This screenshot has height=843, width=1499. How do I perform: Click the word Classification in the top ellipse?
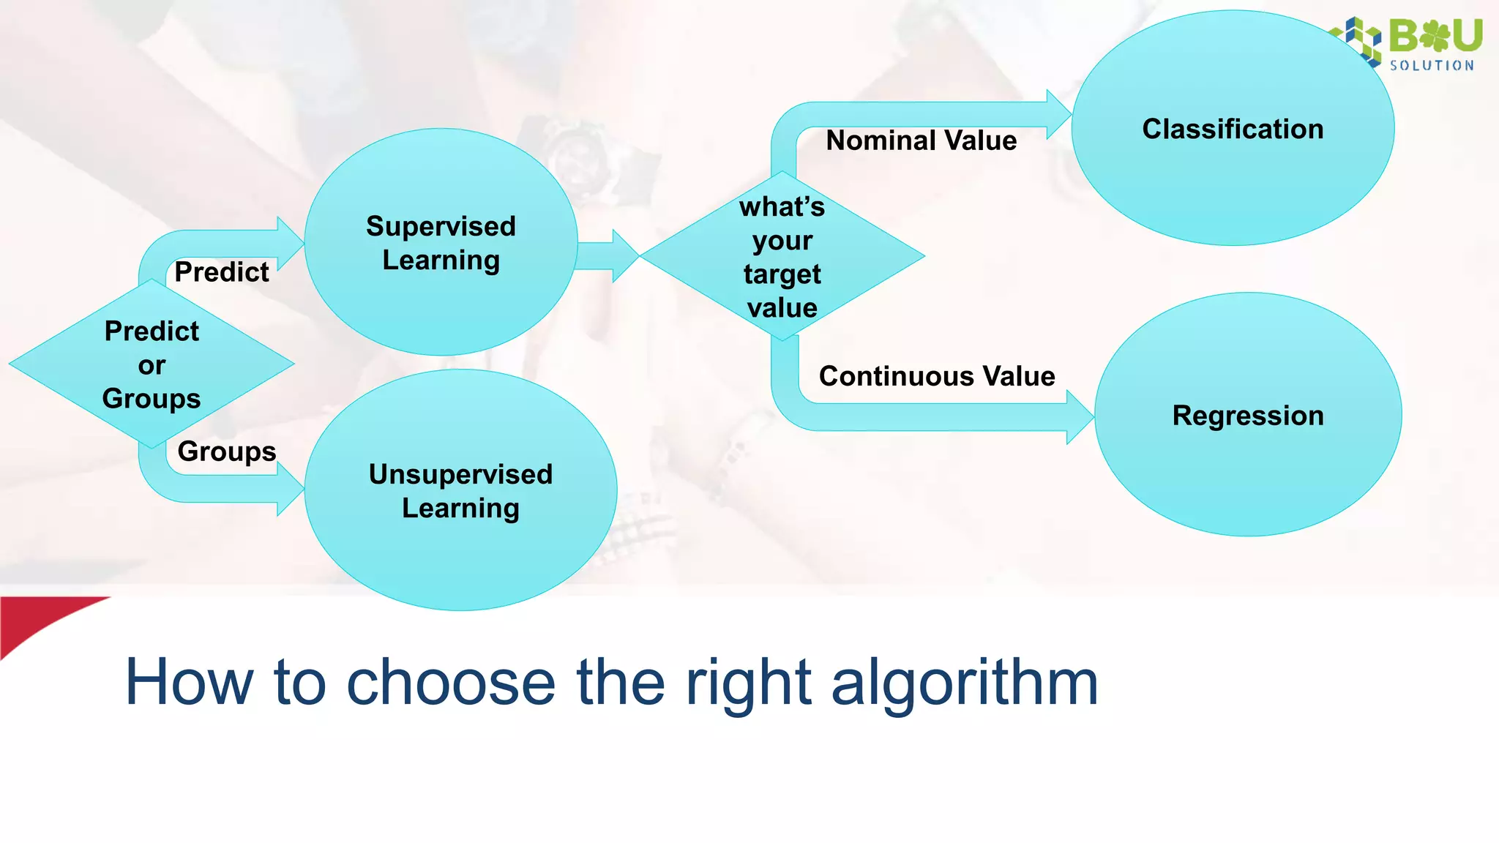click(1233, 130)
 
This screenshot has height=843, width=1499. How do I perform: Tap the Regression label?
click(1248, 416)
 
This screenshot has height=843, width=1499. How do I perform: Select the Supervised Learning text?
click(441, 243)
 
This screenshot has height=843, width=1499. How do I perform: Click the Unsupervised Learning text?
click(460, 491)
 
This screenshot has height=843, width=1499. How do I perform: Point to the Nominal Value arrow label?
click(921, 140)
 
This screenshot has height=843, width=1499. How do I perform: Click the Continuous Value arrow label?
click(936, 376)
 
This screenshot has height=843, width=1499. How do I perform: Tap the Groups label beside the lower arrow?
click(227, 452)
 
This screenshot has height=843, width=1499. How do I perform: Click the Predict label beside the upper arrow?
click(222, 272)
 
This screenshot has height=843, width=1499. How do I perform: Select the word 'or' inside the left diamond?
click(152, 365)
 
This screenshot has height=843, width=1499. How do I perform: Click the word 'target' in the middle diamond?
click(782, 274)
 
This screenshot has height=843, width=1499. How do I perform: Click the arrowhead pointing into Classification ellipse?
click(1058, 114)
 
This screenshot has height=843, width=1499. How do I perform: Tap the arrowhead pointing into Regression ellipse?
click(1080, 417)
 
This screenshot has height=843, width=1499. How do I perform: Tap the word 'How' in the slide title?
click(189, 682)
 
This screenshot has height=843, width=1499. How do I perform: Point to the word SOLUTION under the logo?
click(1432, 66)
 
